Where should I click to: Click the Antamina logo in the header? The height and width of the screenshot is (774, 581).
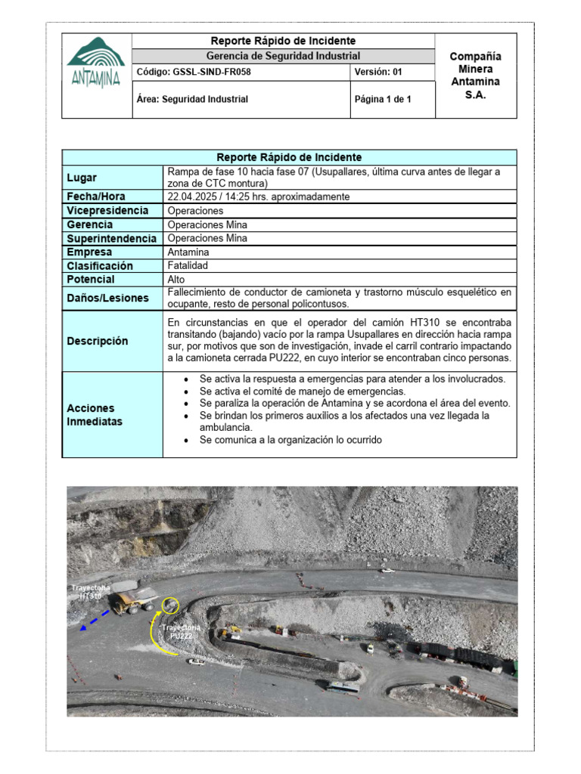coord(96,63)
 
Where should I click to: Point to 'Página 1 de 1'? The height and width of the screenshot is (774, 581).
coord(383,99)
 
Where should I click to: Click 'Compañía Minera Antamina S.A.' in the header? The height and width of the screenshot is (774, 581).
coord(475,76)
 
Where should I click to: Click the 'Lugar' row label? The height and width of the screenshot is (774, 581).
coord(82,178)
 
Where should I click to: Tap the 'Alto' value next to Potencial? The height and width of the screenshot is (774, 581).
coord(176,279)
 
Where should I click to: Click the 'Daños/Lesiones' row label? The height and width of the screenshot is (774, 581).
coord(107,298)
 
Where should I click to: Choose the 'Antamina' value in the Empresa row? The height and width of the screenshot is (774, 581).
coord(188,252)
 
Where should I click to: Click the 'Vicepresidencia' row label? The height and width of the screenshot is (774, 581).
coord(107,211)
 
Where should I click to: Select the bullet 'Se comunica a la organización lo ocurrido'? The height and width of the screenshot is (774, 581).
coord(290,440)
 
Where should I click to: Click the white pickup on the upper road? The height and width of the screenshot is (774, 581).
coord(387,570)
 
